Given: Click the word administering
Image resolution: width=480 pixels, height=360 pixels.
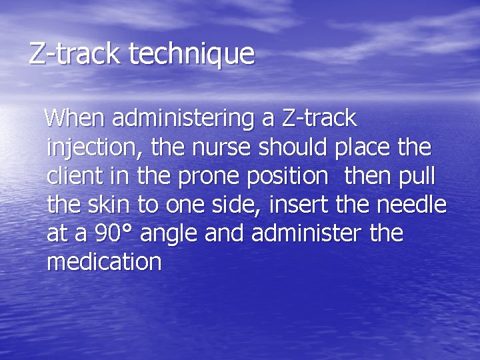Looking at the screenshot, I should coord(185,119).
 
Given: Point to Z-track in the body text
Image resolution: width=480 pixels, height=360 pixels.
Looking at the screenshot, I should coord(319,119).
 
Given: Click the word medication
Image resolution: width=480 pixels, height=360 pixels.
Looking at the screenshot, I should coord(104,263).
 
